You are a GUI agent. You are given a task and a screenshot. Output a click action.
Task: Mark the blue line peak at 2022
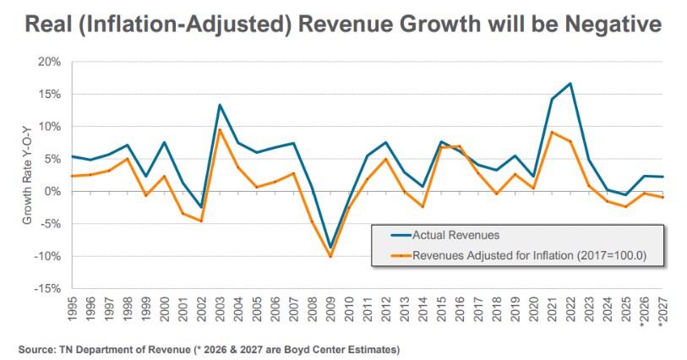tap(570, 84)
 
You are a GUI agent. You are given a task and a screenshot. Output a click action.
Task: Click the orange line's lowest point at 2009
tap(330, 256)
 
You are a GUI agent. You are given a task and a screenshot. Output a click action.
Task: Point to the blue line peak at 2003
tap(220, 105)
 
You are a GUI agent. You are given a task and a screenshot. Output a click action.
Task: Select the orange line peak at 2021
tap(552, 132)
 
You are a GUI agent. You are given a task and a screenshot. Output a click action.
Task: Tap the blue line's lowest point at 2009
tap(330, 248)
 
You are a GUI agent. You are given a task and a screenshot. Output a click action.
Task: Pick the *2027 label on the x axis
tap(662, 314)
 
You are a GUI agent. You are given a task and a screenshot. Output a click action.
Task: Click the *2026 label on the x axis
tap(643, 314)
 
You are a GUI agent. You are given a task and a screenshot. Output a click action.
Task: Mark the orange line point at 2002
tap(201, 221)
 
